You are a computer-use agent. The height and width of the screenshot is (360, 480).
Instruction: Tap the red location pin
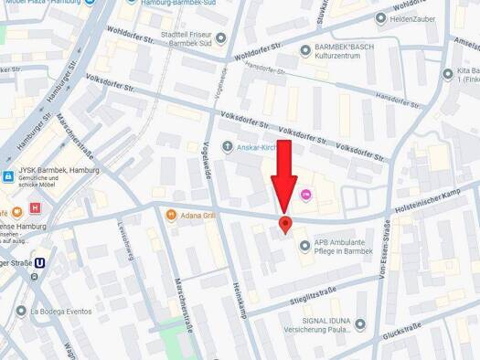284,225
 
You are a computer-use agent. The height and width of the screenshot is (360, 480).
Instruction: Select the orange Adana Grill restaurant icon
171,215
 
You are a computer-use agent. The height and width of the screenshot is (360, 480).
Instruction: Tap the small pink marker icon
306,193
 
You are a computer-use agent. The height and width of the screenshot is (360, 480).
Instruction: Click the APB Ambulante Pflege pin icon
304,244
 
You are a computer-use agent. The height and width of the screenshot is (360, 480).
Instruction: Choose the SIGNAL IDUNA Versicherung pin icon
359,323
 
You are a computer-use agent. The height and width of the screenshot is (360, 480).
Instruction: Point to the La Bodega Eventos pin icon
21,311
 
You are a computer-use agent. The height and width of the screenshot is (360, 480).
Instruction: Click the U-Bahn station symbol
40,263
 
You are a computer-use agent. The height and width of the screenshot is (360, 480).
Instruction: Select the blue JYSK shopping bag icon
7,176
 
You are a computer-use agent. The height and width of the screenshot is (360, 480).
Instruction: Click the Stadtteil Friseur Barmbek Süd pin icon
220,37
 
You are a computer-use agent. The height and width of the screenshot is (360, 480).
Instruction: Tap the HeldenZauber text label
424,17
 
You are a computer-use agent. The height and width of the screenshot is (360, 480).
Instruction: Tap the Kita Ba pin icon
448,74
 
